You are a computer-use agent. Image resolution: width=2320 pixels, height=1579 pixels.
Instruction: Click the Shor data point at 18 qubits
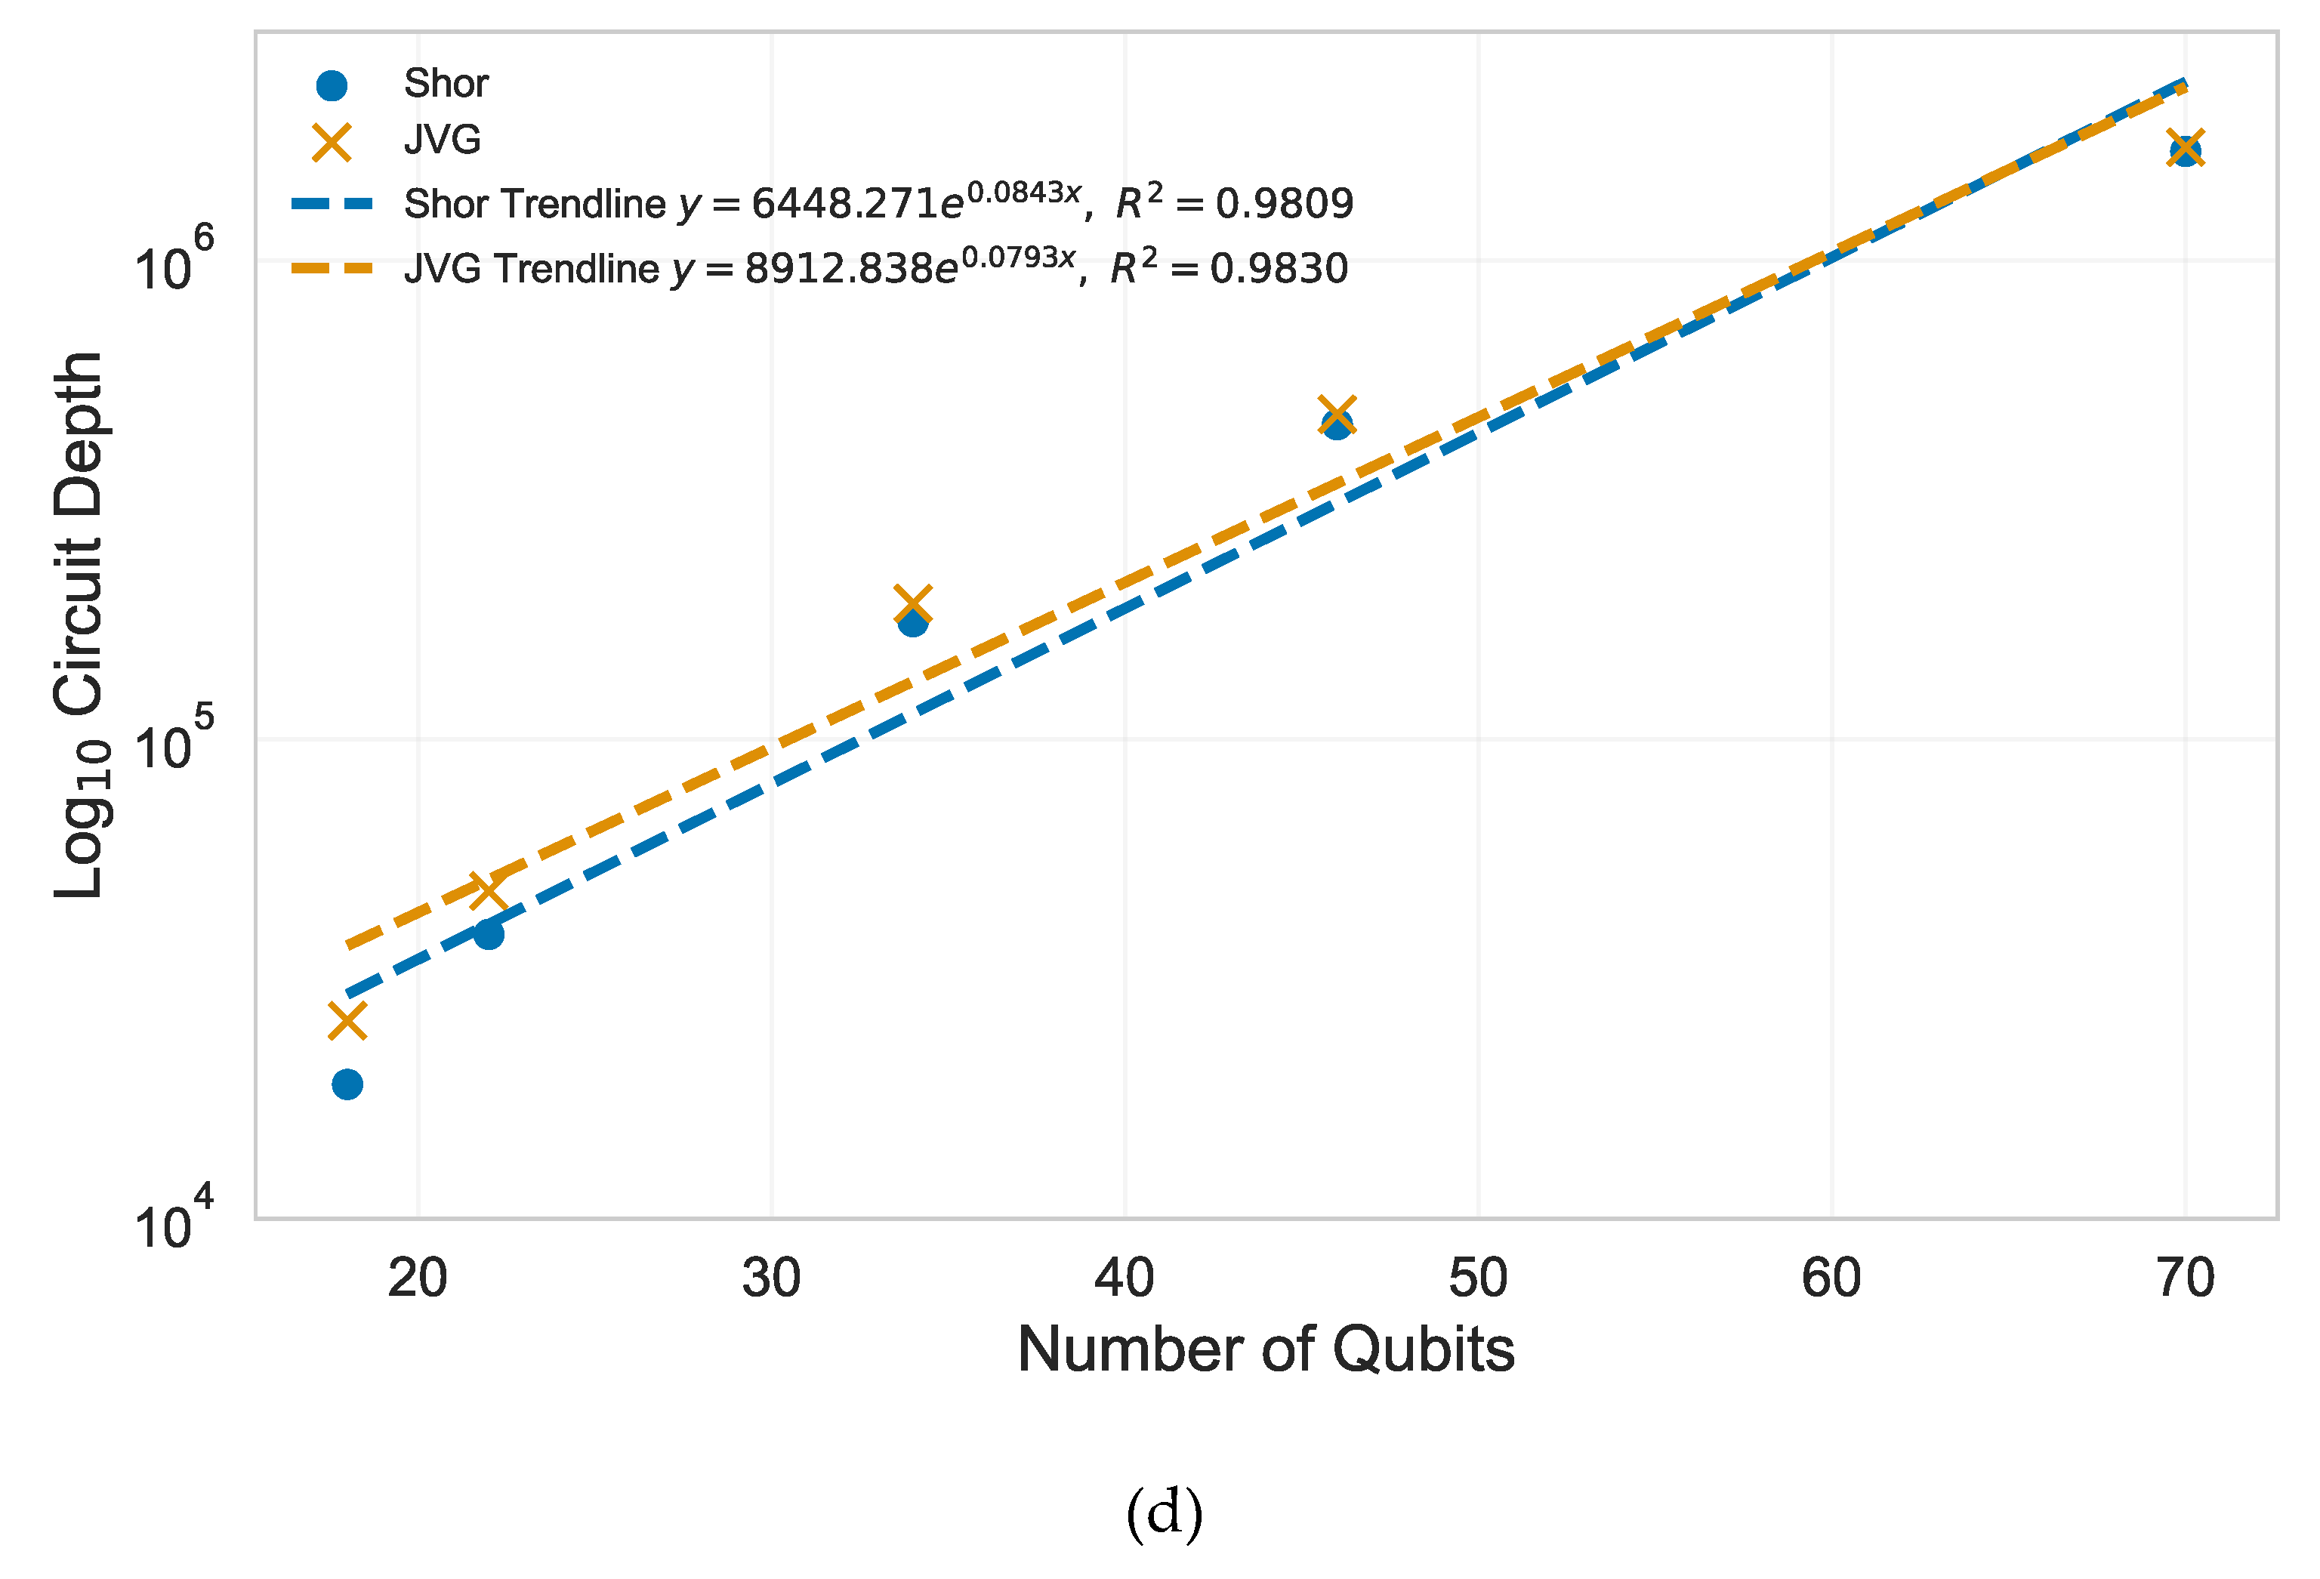[347, 1084]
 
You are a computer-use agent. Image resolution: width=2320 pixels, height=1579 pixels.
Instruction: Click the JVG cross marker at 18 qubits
[347, 1021]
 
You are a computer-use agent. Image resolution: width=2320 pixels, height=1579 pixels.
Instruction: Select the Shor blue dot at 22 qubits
[488, 934]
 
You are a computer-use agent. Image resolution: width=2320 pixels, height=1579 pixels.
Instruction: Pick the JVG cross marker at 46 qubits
[1337, 415]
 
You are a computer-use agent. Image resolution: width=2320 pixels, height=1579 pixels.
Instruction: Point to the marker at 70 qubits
[2186, 150]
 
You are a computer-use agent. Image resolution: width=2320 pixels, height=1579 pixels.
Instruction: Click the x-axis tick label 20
[418, 1278]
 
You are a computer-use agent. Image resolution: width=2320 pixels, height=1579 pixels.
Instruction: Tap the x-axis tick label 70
[2186, 1278]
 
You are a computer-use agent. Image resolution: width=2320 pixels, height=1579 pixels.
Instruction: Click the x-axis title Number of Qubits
[1265, 1350]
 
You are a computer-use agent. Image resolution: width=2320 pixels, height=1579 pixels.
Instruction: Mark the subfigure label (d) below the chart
[1164, 1513]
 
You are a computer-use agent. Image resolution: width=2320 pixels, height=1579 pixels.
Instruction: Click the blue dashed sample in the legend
[332, 205]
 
